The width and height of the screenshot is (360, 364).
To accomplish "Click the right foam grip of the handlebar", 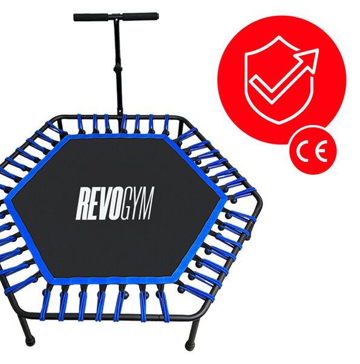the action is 141,16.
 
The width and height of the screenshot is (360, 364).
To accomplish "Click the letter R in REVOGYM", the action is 83,204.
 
